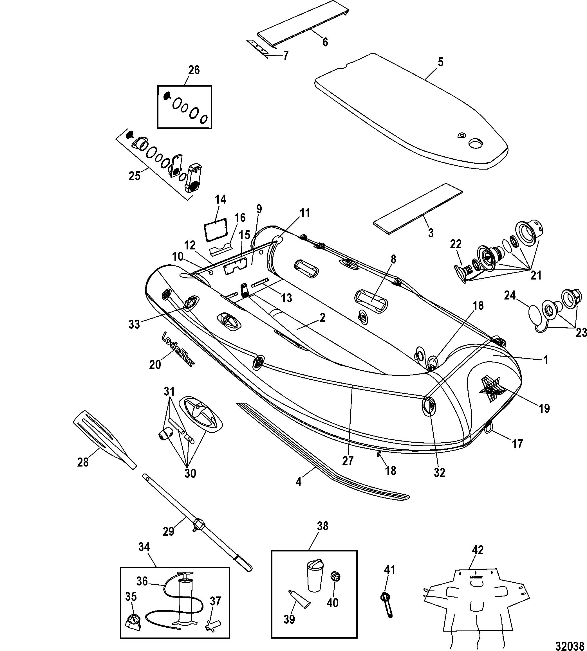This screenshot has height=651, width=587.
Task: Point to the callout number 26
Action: pos(194,70)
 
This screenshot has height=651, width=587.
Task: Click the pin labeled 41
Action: pos(387,605)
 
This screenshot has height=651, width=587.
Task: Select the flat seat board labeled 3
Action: pos(418,208)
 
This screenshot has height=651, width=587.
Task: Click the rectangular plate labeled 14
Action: pos(216,229)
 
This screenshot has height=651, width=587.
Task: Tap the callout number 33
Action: pos(134,324)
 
